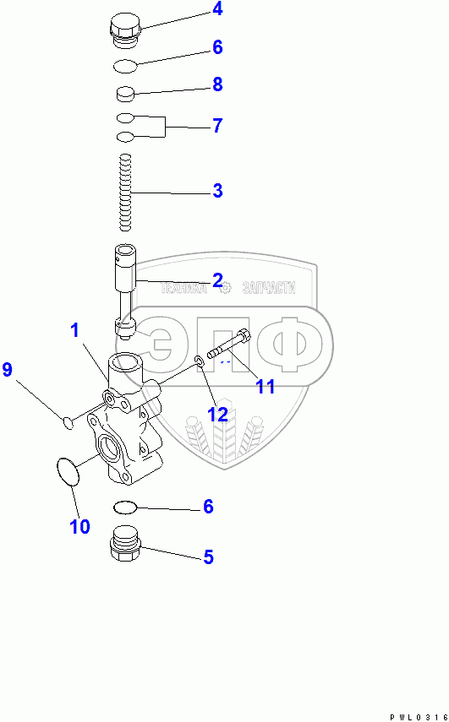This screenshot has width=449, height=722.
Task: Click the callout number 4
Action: pos(217,9)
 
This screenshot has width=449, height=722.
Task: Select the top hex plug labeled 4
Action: pos(124,32)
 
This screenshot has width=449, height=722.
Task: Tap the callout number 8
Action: pos(217,84)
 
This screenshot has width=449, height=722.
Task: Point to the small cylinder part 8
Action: pos(124,94)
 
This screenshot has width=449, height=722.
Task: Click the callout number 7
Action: pos(217,126)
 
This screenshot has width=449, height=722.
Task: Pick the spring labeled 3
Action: pos(125,193)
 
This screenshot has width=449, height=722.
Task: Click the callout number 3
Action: pos(217,191)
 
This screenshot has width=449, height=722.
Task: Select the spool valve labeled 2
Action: pos(125,292)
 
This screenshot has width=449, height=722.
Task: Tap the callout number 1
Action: pos(74,331)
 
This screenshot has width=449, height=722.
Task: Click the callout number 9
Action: pos(7,370)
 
